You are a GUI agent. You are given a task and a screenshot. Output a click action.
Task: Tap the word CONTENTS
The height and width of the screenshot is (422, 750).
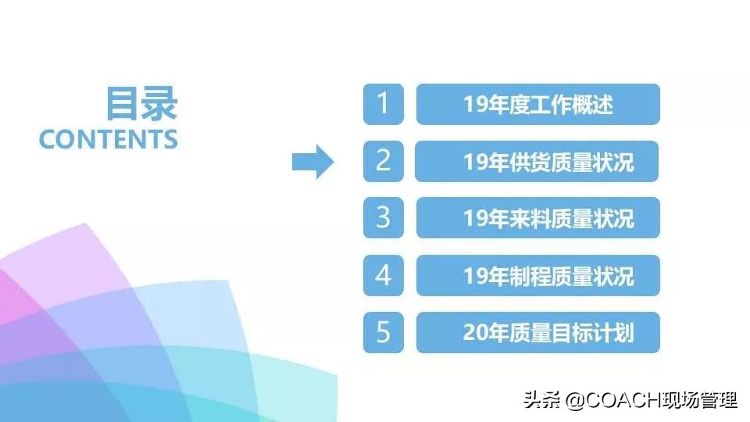pos(109,139)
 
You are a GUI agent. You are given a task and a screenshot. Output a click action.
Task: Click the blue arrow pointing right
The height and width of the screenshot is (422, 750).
pos(312,162)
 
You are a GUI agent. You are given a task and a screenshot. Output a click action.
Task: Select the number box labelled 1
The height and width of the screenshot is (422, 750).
pos(383,104)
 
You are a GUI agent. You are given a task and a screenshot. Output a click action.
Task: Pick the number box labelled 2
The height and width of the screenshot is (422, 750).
pos(383,161)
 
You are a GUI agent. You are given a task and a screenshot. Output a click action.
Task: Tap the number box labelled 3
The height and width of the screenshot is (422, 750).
pos(383,218)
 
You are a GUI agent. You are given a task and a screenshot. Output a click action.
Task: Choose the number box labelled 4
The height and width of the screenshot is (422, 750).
pos(383,275)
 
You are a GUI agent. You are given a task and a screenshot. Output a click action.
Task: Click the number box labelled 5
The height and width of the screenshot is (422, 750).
pos(383,332)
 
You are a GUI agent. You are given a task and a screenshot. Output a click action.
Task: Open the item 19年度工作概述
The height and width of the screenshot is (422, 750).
pos(537,104)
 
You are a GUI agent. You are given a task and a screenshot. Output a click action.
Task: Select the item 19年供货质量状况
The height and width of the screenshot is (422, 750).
pos(537,162)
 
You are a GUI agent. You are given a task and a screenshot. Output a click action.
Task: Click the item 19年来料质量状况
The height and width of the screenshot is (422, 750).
pos(537,219)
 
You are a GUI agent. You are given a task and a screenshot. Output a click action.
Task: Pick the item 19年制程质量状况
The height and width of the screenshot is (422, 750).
pos(537,276)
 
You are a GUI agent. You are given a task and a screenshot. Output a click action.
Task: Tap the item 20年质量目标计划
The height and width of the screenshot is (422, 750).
pos(537,333)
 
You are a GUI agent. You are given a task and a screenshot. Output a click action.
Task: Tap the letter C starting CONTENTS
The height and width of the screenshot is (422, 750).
pos(48,139)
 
